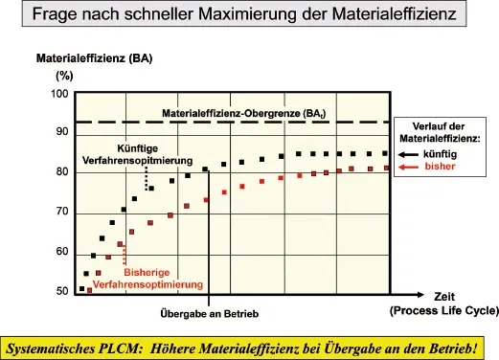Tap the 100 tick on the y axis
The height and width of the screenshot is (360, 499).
pos(59,94)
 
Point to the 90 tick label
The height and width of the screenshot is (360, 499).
pos(62,132)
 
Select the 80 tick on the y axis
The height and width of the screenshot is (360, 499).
pos(62,172)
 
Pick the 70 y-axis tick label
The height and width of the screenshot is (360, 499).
pos(62,212)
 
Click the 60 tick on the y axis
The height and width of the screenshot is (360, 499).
pos(62,252)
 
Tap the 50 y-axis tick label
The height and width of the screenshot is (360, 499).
pos(62,290)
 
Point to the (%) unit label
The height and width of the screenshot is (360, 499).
pos(64,75)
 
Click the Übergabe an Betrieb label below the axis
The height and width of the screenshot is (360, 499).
pos(209,313)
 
